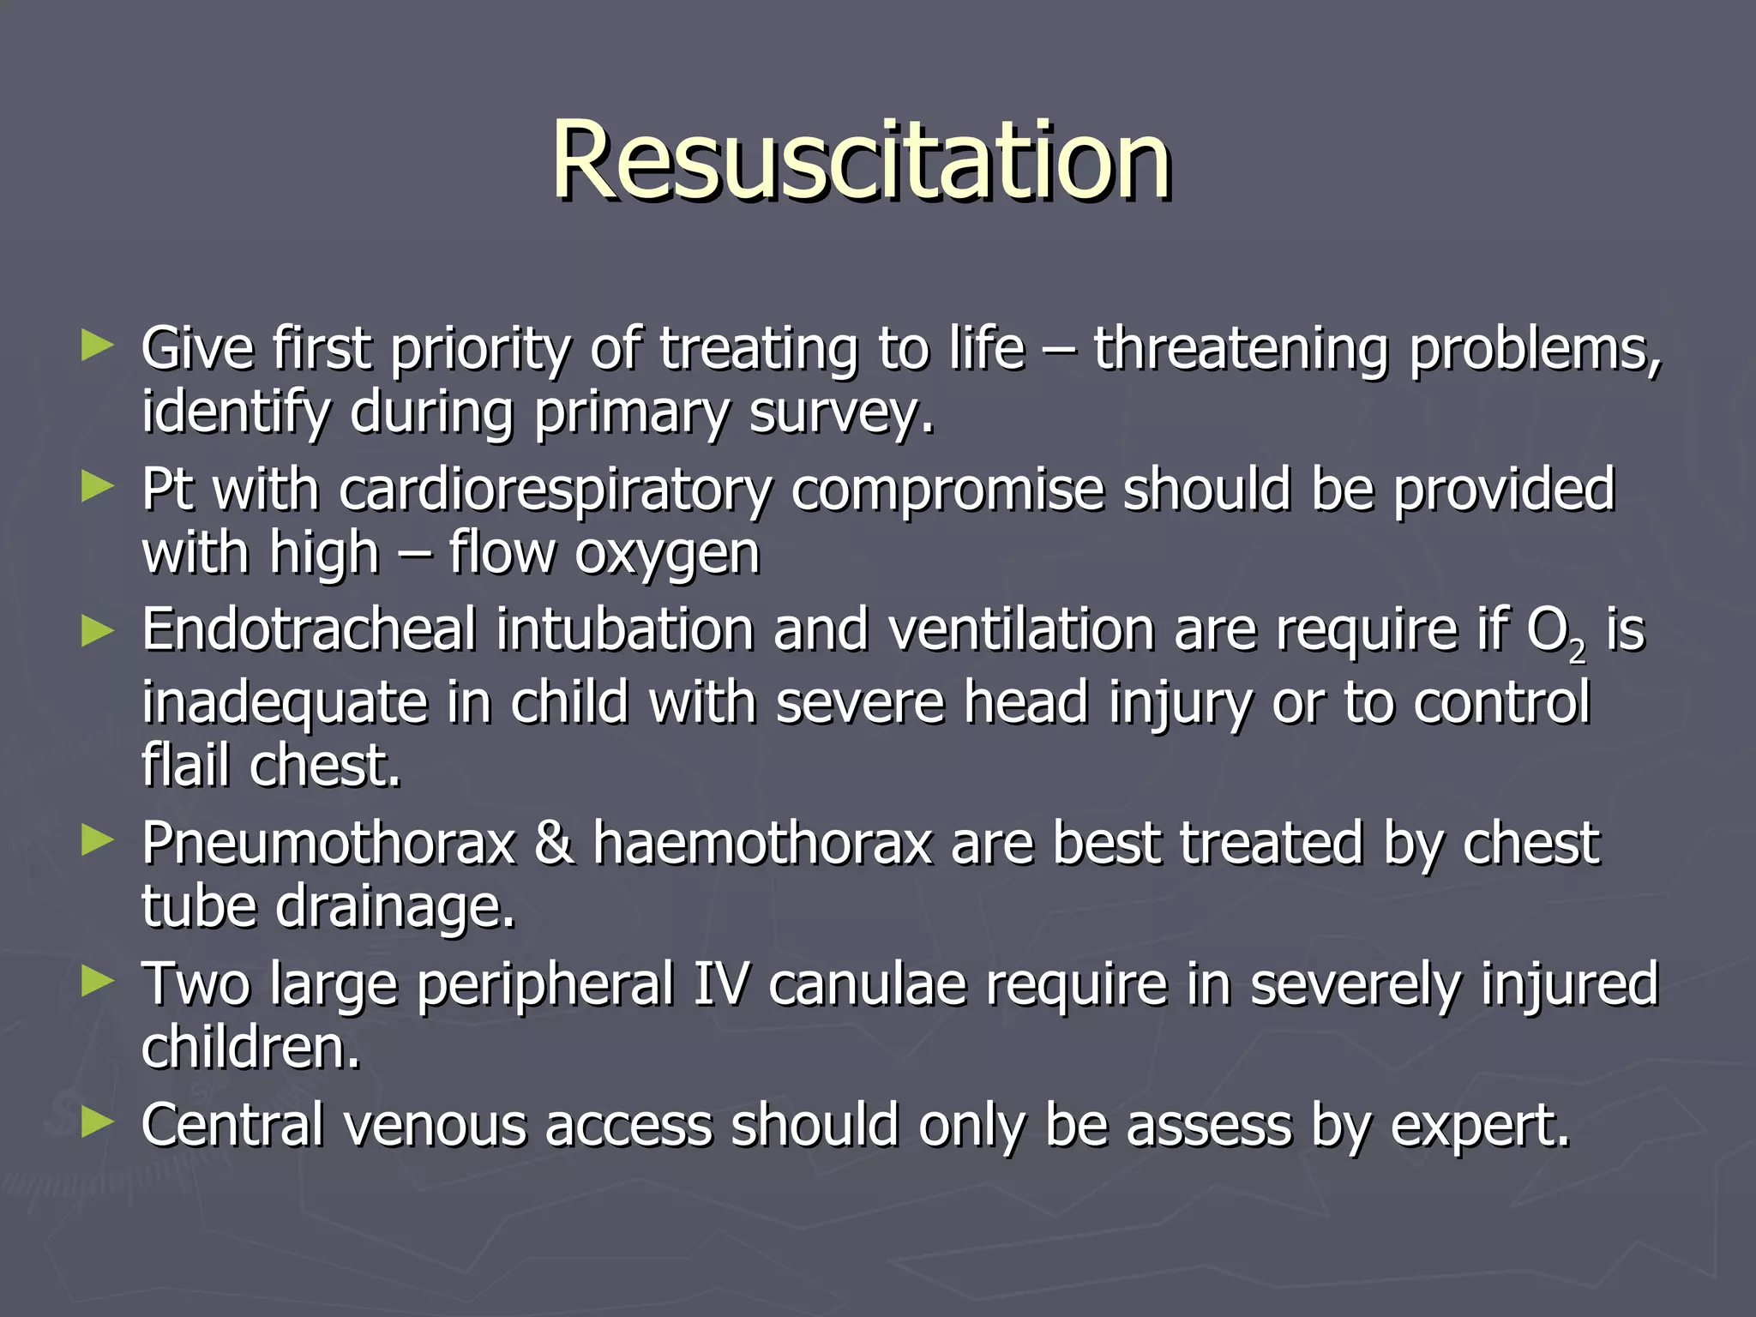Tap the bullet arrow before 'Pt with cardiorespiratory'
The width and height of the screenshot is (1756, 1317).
97,487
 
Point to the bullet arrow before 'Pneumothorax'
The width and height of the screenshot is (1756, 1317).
97,841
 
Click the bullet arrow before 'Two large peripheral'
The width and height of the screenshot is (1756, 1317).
97,982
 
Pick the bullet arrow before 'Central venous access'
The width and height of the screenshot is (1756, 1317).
97,1122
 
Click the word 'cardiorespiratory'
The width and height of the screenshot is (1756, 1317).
556,491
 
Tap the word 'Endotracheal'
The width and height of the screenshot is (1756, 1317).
309,630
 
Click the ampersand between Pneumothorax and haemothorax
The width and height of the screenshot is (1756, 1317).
554,843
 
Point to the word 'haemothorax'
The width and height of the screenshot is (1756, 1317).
762,843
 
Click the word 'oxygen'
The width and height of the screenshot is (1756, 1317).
667,556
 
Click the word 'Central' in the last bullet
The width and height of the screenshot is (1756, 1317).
232,1125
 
